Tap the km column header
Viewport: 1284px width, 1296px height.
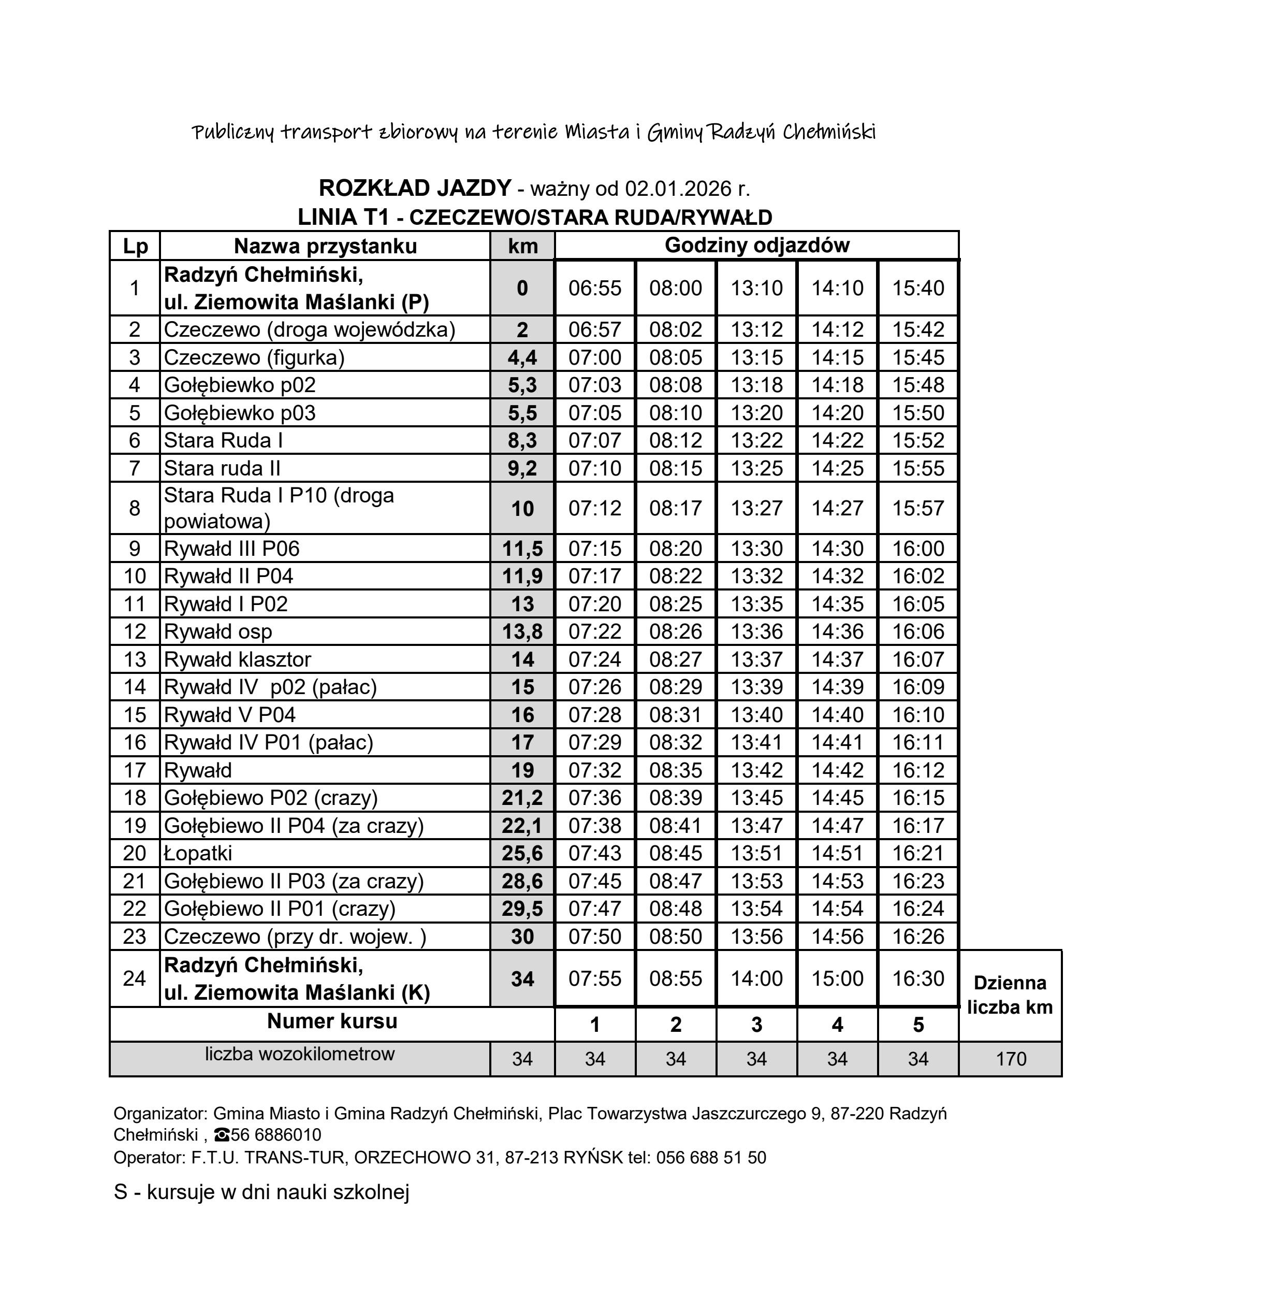point(522,246)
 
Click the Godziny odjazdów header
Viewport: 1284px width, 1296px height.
point(756,246)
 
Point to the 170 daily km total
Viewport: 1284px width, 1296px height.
point(1011,1059)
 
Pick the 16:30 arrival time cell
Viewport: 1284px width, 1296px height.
point(918,978)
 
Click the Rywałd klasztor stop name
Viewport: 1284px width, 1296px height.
point(237,660)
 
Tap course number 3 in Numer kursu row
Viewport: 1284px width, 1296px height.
point(756,1025)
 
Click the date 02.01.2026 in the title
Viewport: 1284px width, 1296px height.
point(678,189)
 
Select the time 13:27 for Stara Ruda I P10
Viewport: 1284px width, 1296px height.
point(756,509)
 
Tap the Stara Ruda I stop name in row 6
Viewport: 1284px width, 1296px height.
point(223,441)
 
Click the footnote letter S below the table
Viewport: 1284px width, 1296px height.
point(121,1192)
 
